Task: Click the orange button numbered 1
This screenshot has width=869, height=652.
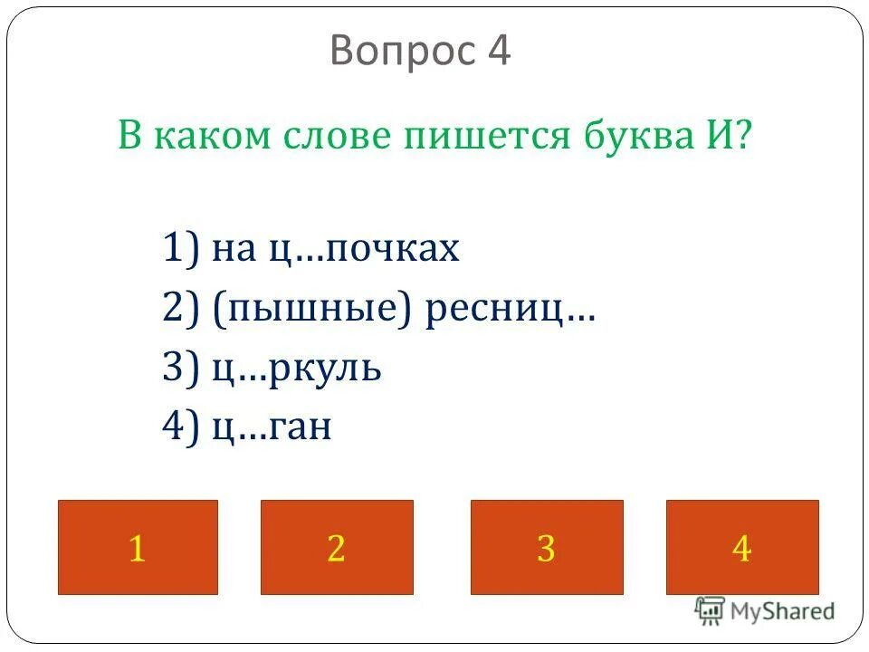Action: click(x=138, y=547)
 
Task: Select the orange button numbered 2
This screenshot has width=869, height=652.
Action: click(x=337, y=547)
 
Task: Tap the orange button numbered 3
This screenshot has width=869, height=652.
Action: click(x=547, y=547)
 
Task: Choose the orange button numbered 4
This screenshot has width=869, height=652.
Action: click(x=742, y=547)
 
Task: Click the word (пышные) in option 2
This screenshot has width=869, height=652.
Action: click(x=313, y=311)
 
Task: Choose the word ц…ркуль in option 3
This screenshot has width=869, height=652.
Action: click(x=296, y=370)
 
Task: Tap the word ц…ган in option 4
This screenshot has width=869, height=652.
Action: click(x=272, y=428)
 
